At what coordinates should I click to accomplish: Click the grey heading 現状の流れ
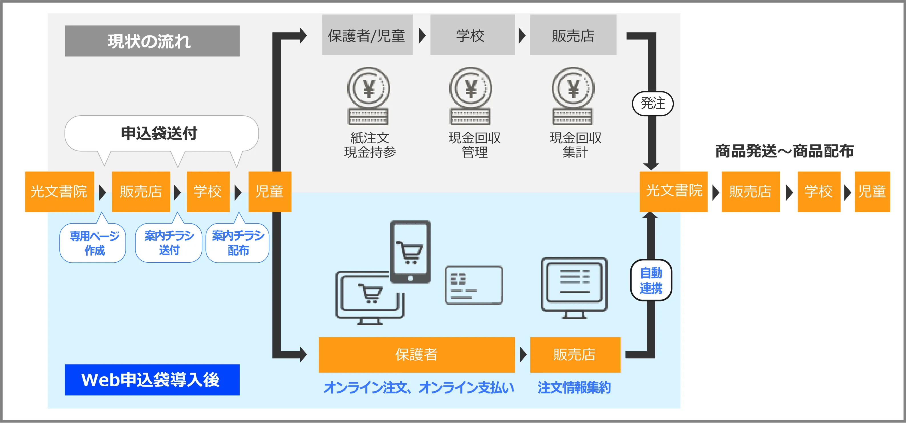tap(152, 41)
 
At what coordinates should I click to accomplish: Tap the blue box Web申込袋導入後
tap(152, 380)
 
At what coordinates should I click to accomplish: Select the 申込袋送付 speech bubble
tap(161, 133)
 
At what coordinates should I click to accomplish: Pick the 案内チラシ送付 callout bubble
tap(169, 243)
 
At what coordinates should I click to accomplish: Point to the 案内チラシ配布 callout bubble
tap(238, 243)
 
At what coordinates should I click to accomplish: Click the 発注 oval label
tap(652, 103)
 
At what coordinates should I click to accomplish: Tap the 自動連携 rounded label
tap(651, 280)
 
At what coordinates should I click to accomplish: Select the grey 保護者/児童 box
tap(367, 35)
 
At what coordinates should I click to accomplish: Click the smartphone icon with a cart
tap(410, 252)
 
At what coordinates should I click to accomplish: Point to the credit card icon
tap(474, 285)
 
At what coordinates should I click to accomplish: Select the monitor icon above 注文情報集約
tap(574, 288)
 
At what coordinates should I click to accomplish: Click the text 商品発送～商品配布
tap(784, 151)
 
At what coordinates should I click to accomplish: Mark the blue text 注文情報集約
tap(574, 388)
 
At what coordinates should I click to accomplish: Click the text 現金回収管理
tap(474, 145)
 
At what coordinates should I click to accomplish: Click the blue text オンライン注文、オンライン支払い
tap(418, 388)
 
